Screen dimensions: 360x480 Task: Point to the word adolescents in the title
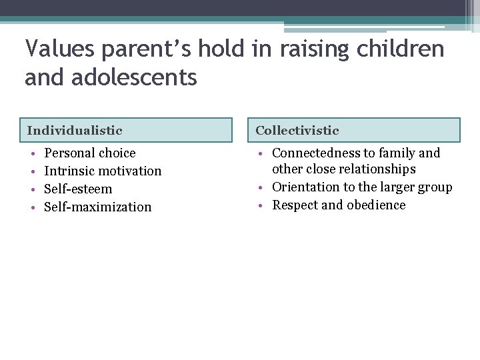[136, 77]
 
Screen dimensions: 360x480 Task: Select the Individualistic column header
[75, 131]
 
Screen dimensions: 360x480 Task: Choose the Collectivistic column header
[297, 131]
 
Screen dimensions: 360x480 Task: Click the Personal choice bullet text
[89, 153]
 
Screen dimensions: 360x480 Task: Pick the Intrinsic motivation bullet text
[103, 171]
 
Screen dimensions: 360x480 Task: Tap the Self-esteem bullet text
[78, 189]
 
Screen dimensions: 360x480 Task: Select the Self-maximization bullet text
[97, 207]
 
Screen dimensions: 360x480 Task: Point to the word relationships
[377, 169]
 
